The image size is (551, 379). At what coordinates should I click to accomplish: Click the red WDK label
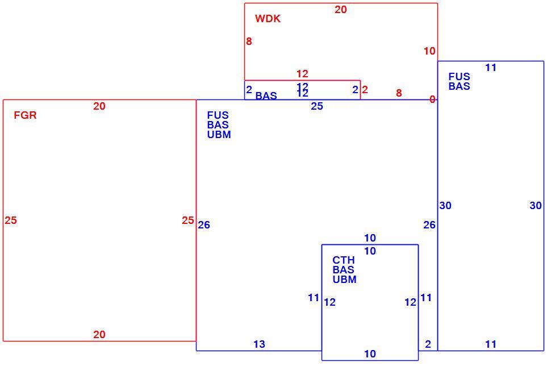[268, 19]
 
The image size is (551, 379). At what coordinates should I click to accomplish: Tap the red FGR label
[25, 115]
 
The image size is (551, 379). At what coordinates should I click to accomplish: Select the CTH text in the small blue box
[344, 260]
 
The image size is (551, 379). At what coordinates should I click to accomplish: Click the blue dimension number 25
[317, 106]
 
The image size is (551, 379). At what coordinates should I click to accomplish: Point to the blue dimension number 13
[260, 344]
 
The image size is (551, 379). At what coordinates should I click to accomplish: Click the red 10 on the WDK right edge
[429, 51]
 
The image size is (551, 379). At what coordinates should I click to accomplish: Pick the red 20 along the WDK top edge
[340, 10]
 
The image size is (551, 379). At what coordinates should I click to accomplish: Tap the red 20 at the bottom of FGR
[99, 335]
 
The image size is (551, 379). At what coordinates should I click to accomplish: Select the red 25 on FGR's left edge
[11, 220]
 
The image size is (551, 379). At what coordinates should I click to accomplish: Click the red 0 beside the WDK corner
[432, 99]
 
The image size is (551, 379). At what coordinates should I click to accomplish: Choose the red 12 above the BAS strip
[302, 74]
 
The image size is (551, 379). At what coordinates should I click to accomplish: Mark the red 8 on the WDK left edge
[249, 41]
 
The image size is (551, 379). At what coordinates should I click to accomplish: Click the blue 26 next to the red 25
[204, 225]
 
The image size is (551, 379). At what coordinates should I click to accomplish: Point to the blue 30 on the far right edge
[536, 206]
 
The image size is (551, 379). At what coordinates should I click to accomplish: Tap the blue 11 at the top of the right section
[491, 68]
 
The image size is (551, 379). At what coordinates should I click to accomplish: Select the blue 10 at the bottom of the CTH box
[370, 354]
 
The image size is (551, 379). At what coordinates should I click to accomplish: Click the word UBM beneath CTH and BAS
[344, 280]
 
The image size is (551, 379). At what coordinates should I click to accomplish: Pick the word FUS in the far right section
[460, 77]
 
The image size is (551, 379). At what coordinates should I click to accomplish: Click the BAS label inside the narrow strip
[266, 95]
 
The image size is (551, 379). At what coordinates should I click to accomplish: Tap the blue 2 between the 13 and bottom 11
[428, 344]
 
